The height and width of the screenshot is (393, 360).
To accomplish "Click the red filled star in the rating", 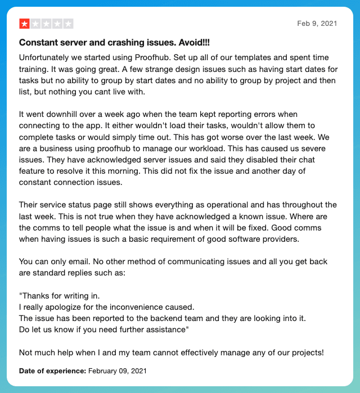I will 25,24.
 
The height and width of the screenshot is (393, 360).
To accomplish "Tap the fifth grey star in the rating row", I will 69,24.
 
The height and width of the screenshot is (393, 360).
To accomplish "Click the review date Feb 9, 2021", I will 317,24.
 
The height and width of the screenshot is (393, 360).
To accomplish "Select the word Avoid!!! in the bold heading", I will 194,43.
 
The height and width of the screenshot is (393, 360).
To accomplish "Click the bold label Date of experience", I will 52,371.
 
